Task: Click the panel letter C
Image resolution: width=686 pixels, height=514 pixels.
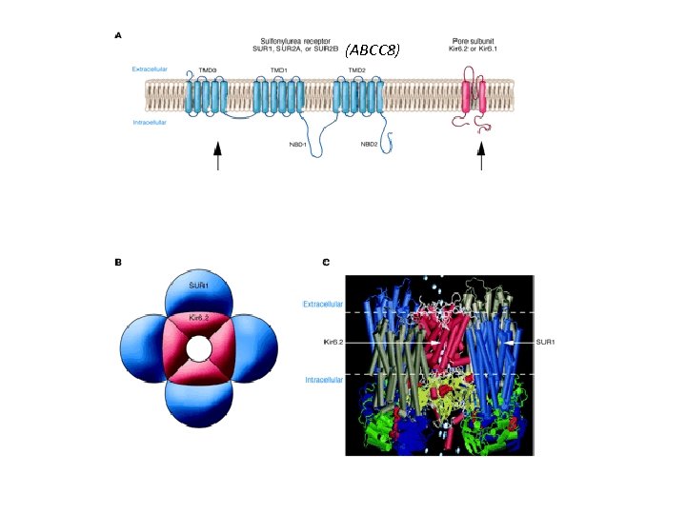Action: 326,263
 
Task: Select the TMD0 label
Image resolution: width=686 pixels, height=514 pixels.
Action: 208,70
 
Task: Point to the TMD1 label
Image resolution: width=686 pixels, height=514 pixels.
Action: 279,70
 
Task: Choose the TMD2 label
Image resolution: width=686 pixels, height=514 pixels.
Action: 357,70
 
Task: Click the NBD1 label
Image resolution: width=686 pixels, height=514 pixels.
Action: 298,145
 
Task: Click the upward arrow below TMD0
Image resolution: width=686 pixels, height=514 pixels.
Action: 218,156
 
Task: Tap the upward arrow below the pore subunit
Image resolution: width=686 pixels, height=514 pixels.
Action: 480,156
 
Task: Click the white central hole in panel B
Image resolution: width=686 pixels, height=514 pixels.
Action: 199,349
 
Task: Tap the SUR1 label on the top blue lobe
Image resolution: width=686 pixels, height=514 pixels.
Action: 198,286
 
